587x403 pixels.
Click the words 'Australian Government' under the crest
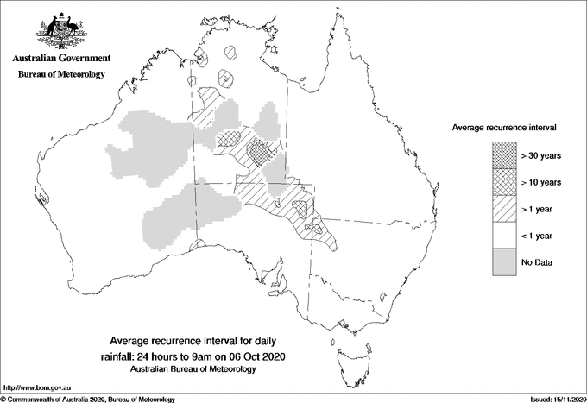[x=60, y=59]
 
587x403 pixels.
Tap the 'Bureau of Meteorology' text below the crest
[x=60, y=74]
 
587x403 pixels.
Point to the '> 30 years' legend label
[x=541, y=155]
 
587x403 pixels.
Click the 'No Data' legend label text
[x=537, y=262]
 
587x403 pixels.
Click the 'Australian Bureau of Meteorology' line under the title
[x=190, y=369]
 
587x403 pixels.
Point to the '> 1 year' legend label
[x=538, y=209]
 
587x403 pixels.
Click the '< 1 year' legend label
[x=538, y=236]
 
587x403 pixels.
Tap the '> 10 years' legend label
[x=541, y=182]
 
